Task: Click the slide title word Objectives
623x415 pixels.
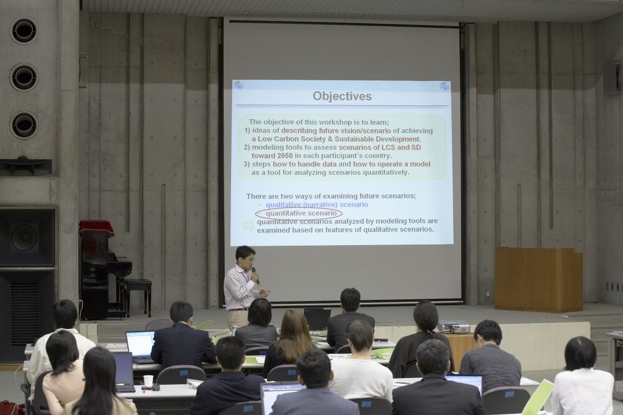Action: point(342,97)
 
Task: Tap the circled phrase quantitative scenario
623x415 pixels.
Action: point(301,213)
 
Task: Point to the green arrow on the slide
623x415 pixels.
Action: point(248,226)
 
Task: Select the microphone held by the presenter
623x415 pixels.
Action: point(256,276)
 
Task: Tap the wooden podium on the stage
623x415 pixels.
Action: point(538,280)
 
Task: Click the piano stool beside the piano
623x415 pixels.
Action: point(138,295)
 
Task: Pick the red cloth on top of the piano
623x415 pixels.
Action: point(96,228)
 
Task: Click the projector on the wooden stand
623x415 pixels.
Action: point(454,326)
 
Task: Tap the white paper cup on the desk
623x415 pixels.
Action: point(148,381)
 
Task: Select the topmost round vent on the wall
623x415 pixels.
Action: point(24,30)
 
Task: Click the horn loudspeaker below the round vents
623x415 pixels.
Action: point(26,166)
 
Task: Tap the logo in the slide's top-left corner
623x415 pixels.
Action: point(238,85)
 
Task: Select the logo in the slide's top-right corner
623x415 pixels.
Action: point(445,86)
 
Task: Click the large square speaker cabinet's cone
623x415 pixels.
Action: point(24,237)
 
